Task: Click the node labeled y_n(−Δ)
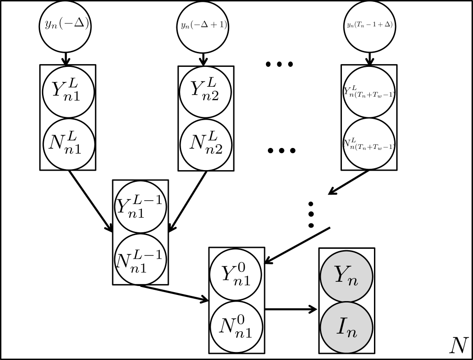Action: coord(65,26)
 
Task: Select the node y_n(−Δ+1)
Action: coord(203,26)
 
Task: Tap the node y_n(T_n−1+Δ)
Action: coord(370,26)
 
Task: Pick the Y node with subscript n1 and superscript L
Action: coord(68,91)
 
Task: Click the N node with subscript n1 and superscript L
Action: coord(69,144)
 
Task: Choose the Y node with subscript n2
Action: coord(205,91)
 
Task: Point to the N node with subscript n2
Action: coord(205,144)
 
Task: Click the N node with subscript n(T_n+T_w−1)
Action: coord(369,144)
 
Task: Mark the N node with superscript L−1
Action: coord(140,259)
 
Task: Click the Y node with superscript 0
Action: coord(235,275)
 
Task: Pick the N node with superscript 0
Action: coord(235,327)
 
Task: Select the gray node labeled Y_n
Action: coord(346,276)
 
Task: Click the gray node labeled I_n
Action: coord(346,328)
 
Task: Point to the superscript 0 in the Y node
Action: coord(242,267)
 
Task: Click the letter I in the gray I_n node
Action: coord(341,327)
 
